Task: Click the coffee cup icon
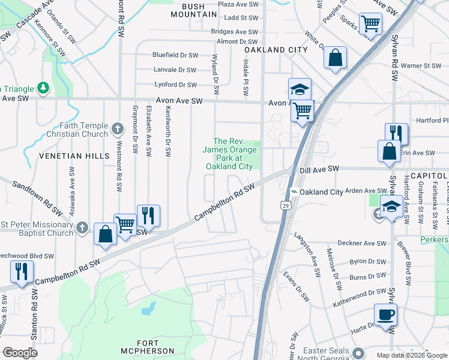(385, 314)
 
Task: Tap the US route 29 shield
(284, 205)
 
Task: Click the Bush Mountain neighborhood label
(194, 10)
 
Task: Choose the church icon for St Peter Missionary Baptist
(83, 228)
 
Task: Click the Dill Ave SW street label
(320, 170)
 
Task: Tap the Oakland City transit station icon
(294, 192)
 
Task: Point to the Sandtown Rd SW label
(37, 199)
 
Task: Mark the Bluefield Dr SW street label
(175, 55)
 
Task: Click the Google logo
(20, 353)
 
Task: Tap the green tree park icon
(43, 88)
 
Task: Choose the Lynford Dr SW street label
(175, 85)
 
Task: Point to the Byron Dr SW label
(367, 262)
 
